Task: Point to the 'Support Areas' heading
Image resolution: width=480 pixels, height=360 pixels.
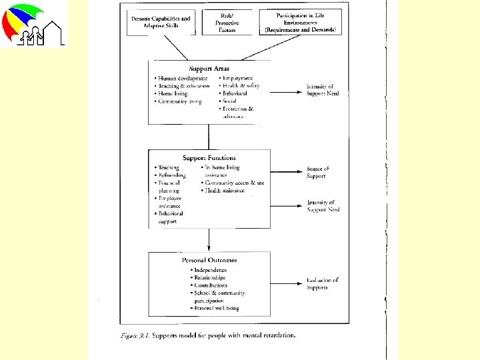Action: (209, 69)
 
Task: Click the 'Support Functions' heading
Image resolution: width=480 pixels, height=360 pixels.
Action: (209, 158)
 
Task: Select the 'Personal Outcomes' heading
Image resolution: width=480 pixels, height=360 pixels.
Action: (209, 260)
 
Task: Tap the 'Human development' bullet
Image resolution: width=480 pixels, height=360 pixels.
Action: (181, 79)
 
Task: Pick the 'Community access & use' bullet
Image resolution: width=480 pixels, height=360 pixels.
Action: (234, 183)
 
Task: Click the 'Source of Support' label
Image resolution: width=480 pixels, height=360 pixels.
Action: (317, 173)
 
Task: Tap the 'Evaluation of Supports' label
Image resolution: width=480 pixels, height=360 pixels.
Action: (323, 283)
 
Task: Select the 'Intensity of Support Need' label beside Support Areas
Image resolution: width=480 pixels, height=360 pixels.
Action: (323, 90)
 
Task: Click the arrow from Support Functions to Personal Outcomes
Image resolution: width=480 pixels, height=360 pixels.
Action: (209, 240)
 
